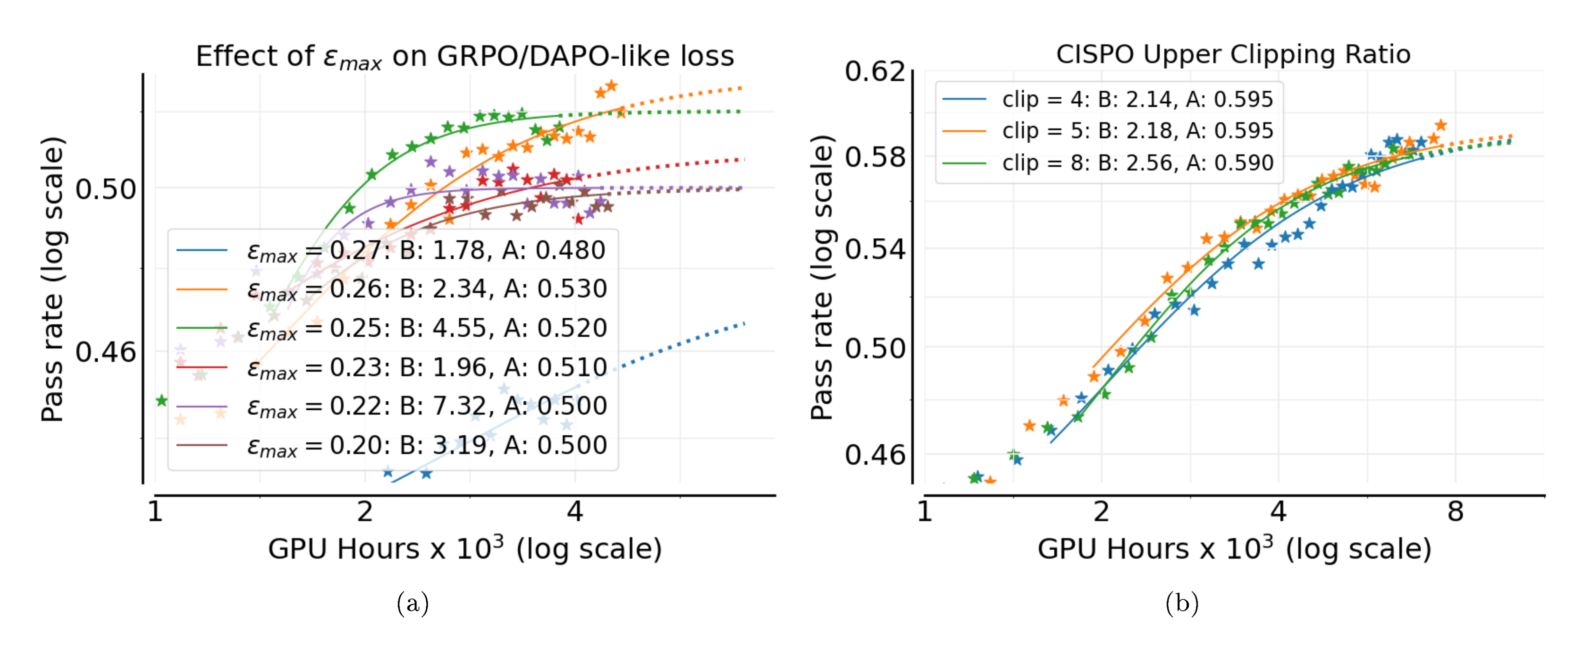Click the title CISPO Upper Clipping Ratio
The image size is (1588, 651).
click(x=1233, y=54)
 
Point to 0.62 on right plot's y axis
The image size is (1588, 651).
click(x=874, y=71)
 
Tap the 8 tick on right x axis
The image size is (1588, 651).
click(x=1455, y=512)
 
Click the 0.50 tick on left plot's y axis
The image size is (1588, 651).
click(x=106, y=189)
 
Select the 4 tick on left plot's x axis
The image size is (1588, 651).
click(x=574, y=512)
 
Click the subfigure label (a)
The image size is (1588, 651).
click(x=412, y=603)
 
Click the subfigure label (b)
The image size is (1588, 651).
click(x=1182, y=603)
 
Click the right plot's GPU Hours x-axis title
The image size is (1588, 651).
click(x=1234, y=549)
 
